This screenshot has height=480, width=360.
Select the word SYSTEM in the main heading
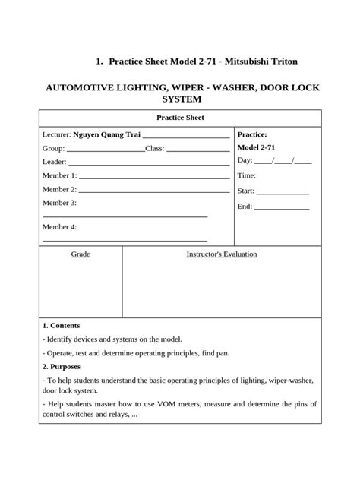[182, 99]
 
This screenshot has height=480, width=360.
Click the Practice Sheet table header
[181, 118]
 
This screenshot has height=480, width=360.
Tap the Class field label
[154, 148]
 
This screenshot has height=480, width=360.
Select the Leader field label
[55, 162]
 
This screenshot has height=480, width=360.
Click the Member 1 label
[59, 175]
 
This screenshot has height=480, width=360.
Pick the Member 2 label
[59, 189]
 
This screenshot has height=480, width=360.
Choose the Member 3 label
[59, 203]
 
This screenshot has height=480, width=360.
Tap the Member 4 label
[59, 227]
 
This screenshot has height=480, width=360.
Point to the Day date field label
[245, 161]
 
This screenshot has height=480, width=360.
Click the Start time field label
[246, 191]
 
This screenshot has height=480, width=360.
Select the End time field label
[245, 207]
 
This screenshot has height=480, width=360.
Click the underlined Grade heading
[81, 254]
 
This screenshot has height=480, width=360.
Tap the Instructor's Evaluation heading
[222, 254]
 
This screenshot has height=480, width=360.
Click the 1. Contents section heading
[62, 325]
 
